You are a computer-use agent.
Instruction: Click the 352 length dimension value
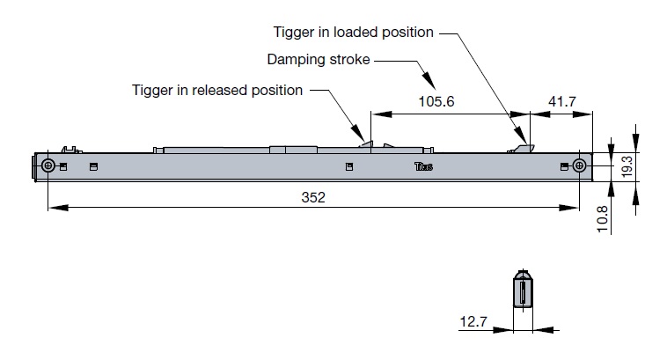point(313,198)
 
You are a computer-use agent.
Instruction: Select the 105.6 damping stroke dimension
point(436,102)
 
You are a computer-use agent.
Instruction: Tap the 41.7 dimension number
point(561,102)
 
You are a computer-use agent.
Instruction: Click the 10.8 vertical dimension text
point(601,218)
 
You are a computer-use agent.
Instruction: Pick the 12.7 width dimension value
point(473,322)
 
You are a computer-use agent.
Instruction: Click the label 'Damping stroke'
point(319,61)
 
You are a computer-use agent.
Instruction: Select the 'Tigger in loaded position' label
point(353,33)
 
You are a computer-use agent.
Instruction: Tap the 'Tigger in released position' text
point(217,90)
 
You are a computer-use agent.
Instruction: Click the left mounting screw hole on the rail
point(49,166)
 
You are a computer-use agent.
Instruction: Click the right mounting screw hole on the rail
point(578,166)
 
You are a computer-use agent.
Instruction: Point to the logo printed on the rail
point(423,166)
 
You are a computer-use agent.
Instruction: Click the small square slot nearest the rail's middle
point(349,166)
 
